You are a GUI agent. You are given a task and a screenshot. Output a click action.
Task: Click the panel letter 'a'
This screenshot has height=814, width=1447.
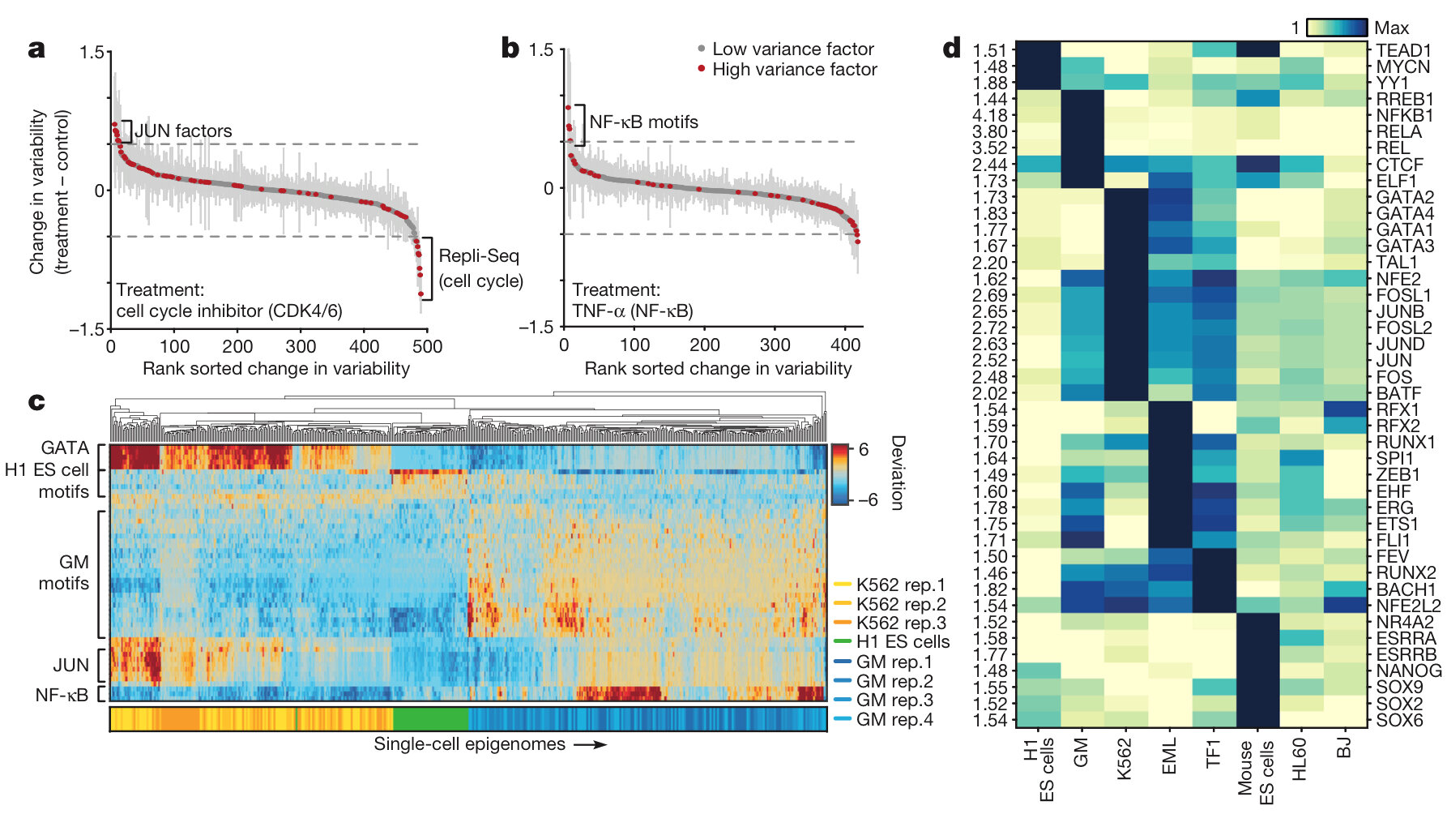(36, 49)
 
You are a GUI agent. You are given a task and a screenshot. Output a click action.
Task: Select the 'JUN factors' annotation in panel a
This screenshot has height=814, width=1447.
(183, 131)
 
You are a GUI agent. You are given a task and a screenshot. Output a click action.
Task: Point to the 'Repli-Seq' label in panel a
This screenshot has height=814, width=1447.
(478, 256)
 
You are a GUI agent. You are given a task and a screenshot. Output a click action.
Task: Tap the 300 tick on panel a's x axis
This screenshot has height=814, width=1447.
(301, 347)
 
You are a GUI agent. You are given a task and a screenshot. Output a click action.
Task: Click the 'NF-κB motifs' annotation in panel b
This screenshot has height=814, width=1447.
(643, 122)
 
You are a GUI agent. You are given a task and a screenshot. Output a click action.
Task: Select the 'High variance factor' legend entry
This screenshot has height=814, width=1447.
(794, 70)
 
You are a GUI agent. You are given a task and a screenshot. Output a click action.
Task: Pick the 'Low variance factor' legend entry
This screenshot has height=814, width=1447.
(792, 49)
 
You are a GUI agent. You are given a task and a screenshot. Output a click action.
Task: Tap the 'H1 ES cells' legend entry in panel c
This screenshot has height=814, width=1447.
(903, 642)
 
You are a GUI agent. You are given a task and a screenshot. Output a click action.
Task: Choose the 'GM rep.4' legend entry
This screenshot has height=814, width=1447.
(894, 719)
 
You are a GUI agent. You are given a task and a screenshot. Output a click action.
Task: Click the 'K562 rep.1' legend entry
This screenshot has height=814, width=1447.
(900, 585)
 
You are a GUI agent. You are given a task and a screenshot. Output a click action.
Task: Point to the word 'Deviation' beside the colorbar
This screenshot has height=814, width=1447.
(898, 473)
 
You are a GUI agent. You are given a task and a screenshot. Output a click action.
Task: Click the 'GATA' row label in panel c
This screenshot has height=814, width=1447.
(65, 448)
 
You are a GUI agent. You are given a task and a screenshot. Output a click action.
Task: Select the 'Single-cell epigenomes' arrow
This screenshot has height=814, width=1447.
(591, 744)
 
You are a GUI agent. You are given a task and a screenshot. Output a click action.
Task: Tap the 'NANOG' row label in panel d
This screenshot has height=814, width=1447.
(1409, 670)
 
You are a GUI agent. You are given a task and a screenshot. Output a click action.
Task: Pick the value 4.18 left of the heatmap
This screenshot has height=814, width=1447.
(989, 115)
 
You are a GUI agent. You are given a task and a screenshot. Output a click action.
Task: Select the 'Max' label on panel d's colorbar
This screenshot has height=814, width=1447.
(1391, 28)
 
